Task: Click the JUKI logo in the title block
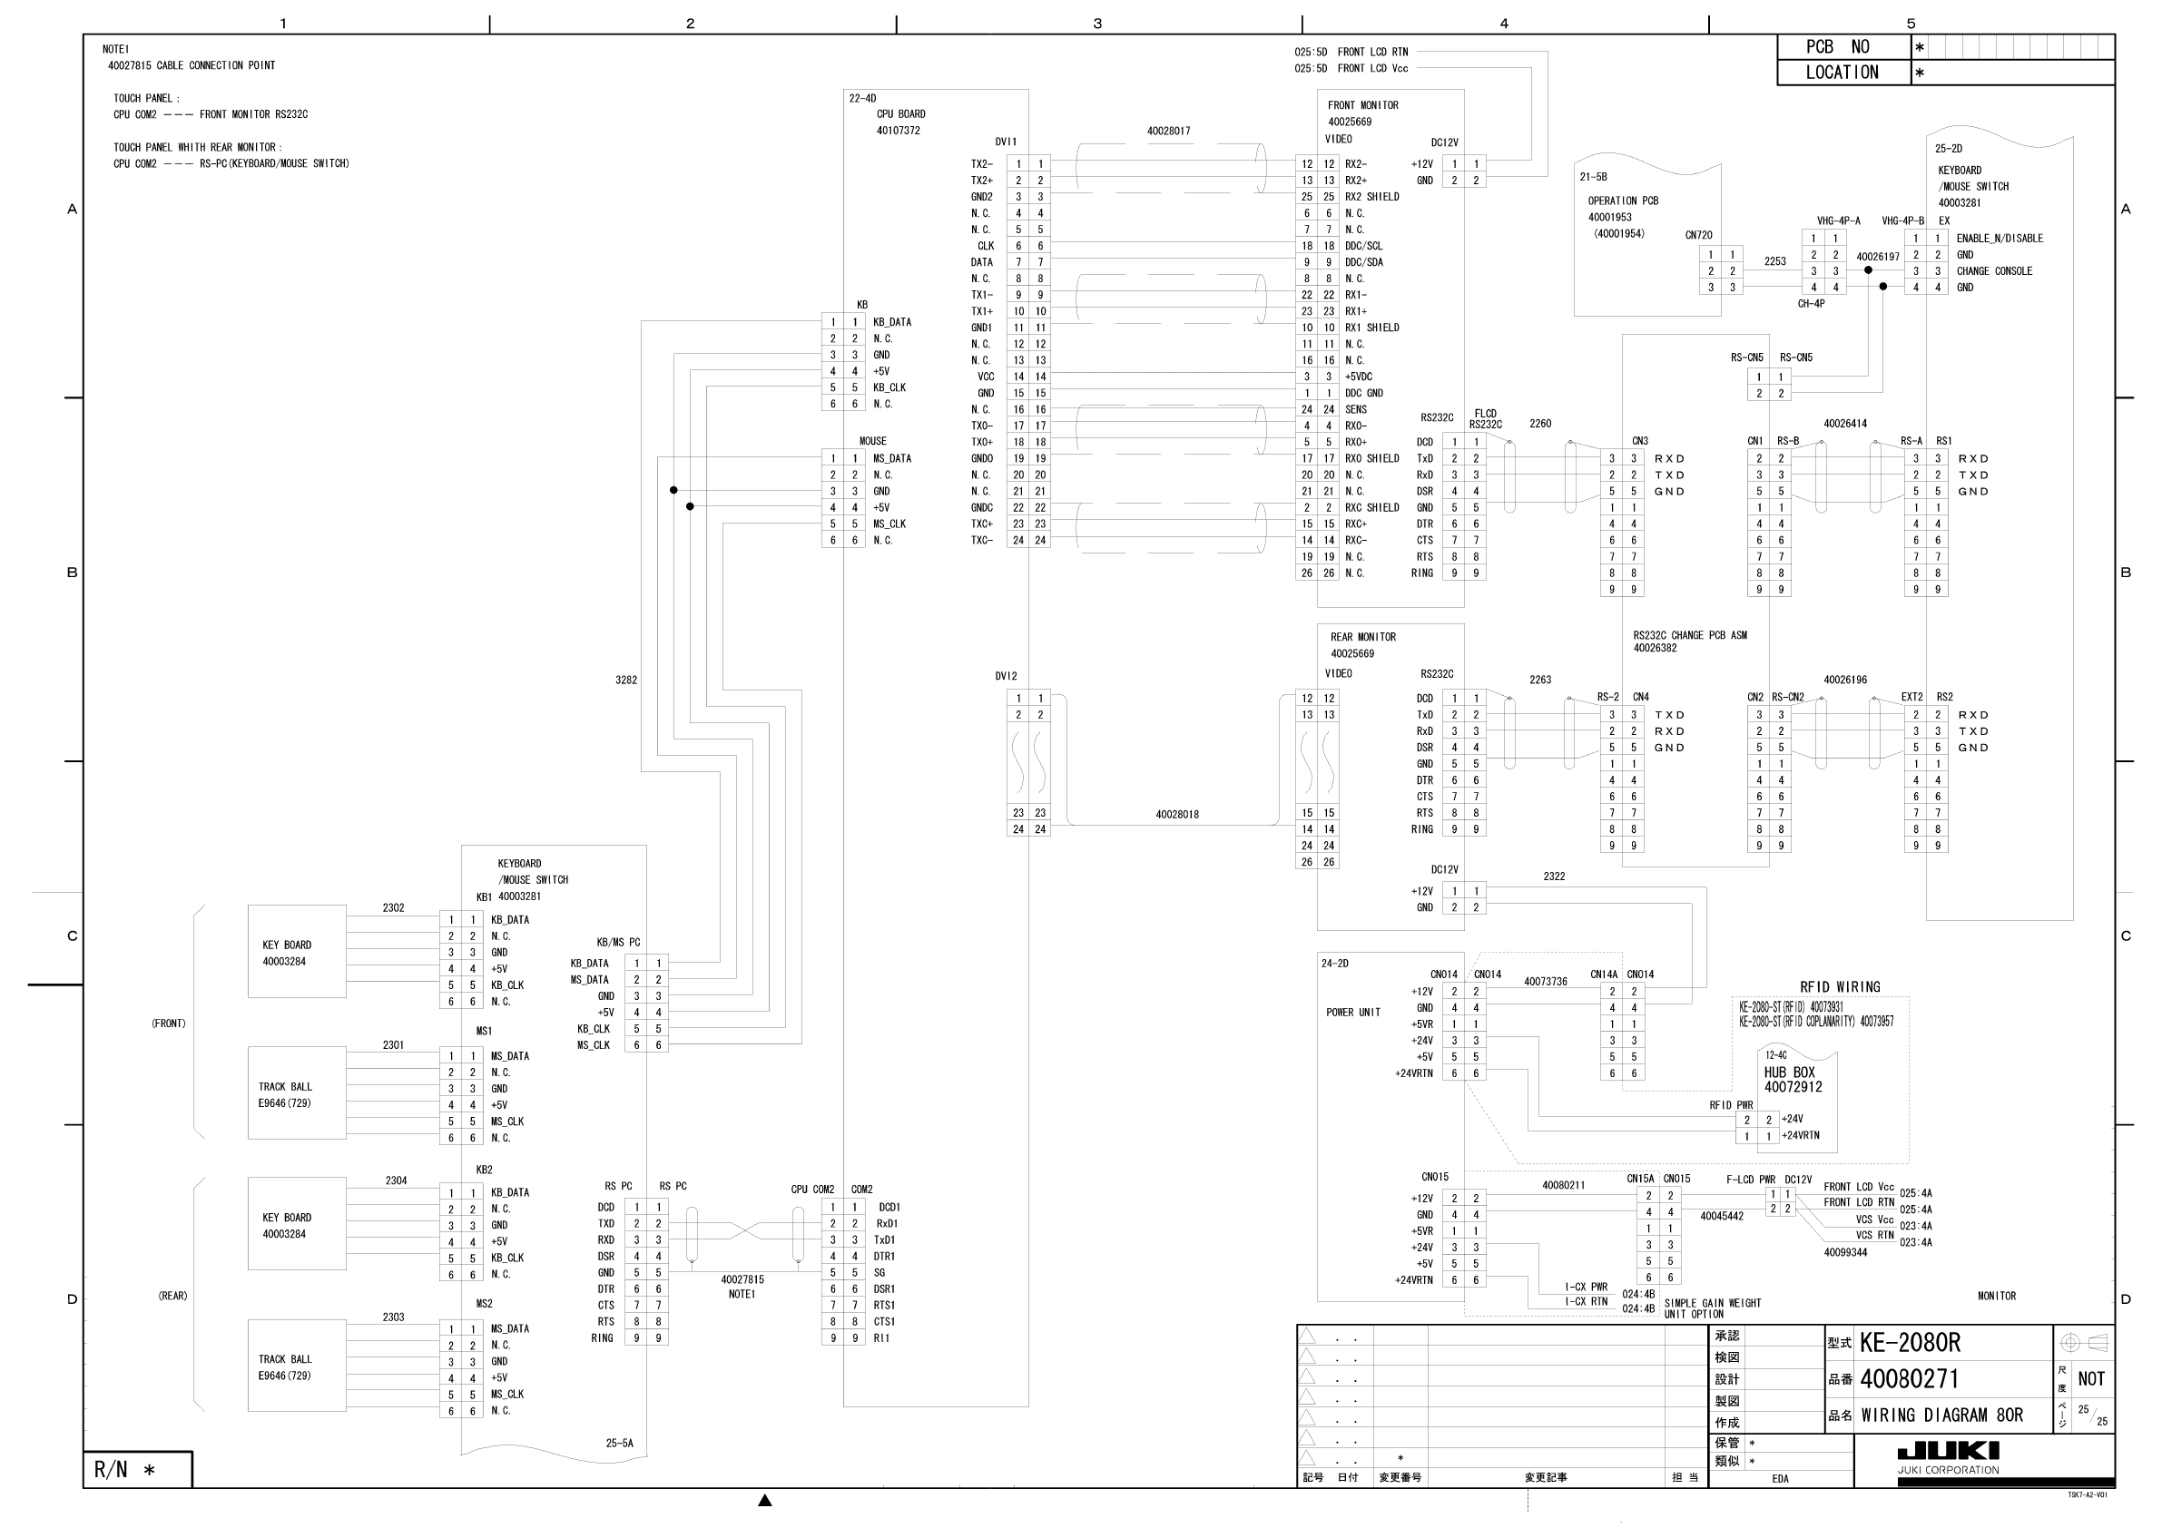click(1947, 1451)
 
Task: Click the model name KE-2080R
click(1910, 1343)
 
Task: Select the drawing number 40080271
click(1909, 1379)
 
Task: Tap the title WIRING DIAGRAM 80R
click(1941, 1415)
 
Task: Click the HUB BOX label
click(1789, 1073)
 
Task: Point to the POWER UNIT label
click(1353, 1012)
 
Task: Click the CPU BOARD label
click(900, 114)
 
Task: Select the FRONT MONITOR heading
click(1362, 105)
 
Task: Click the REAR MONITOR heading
click(1362, 637)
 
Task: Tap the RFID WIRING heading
click(1839, 986)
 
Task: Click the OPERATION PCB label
click(1623, 201)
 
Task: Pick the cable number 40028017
click(1167, 132)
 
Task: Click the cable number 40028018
click(1177, 815)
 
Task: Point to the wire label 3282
click(626, 680)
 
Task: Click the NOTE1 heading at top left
click(116, 49)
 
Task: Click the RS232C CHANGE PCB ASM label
click(1689, 635)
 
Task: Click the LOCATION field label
click(1842, 73)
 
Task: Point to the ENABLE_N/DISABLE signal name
click(2000, 239)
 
